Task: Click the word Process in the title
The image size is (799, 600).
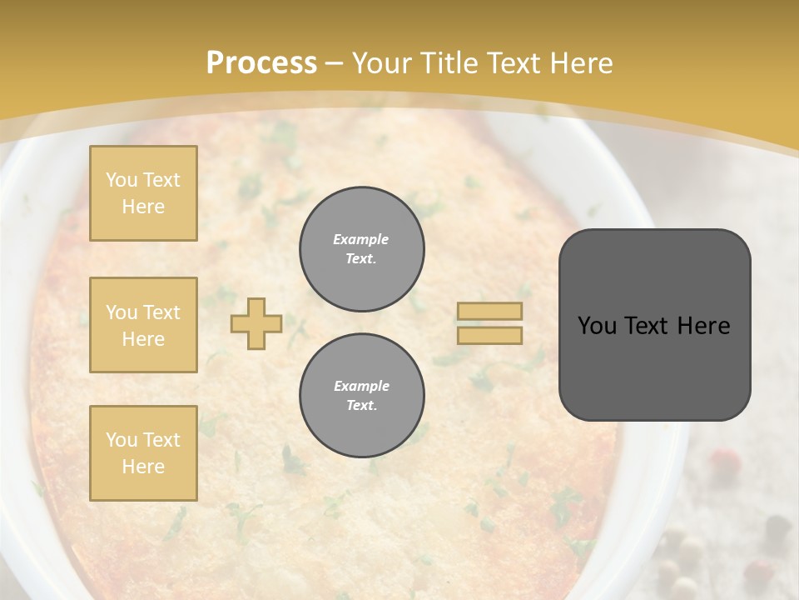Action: click(261, 63)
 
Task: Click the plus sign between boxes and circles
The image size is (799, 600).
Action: click(256, 323)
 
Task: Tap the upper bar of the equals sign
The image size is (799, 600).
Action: click(489, 311)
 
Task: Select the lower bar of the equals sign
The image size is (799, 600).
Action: click(489, 335)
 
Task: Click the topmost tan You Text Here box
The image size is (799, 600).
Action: click(143, 193)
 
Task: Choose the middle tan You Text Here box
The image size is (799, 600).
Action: click(143, 325)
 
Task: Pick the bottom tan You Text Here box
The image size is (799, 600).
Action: click(143, 453)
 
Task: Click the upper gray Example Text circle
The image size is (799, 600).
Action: click(361, 249)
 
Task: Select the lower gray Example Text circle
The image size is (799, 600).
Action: click(361, 396)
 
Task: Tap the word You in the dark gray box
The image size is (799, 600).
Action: click(598, 326)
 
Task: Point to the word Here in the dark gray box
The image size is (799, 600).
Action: click(703, 326)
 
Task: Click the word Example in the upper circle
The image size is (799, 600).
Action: click(361, 239)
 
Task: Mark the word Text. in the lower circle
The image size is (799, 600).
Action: click(361, 406)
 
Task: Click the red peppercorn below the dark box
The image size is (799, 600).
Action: click(724, 458)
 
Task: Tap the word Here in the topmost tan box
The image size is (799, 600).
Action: click(143, 207)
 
